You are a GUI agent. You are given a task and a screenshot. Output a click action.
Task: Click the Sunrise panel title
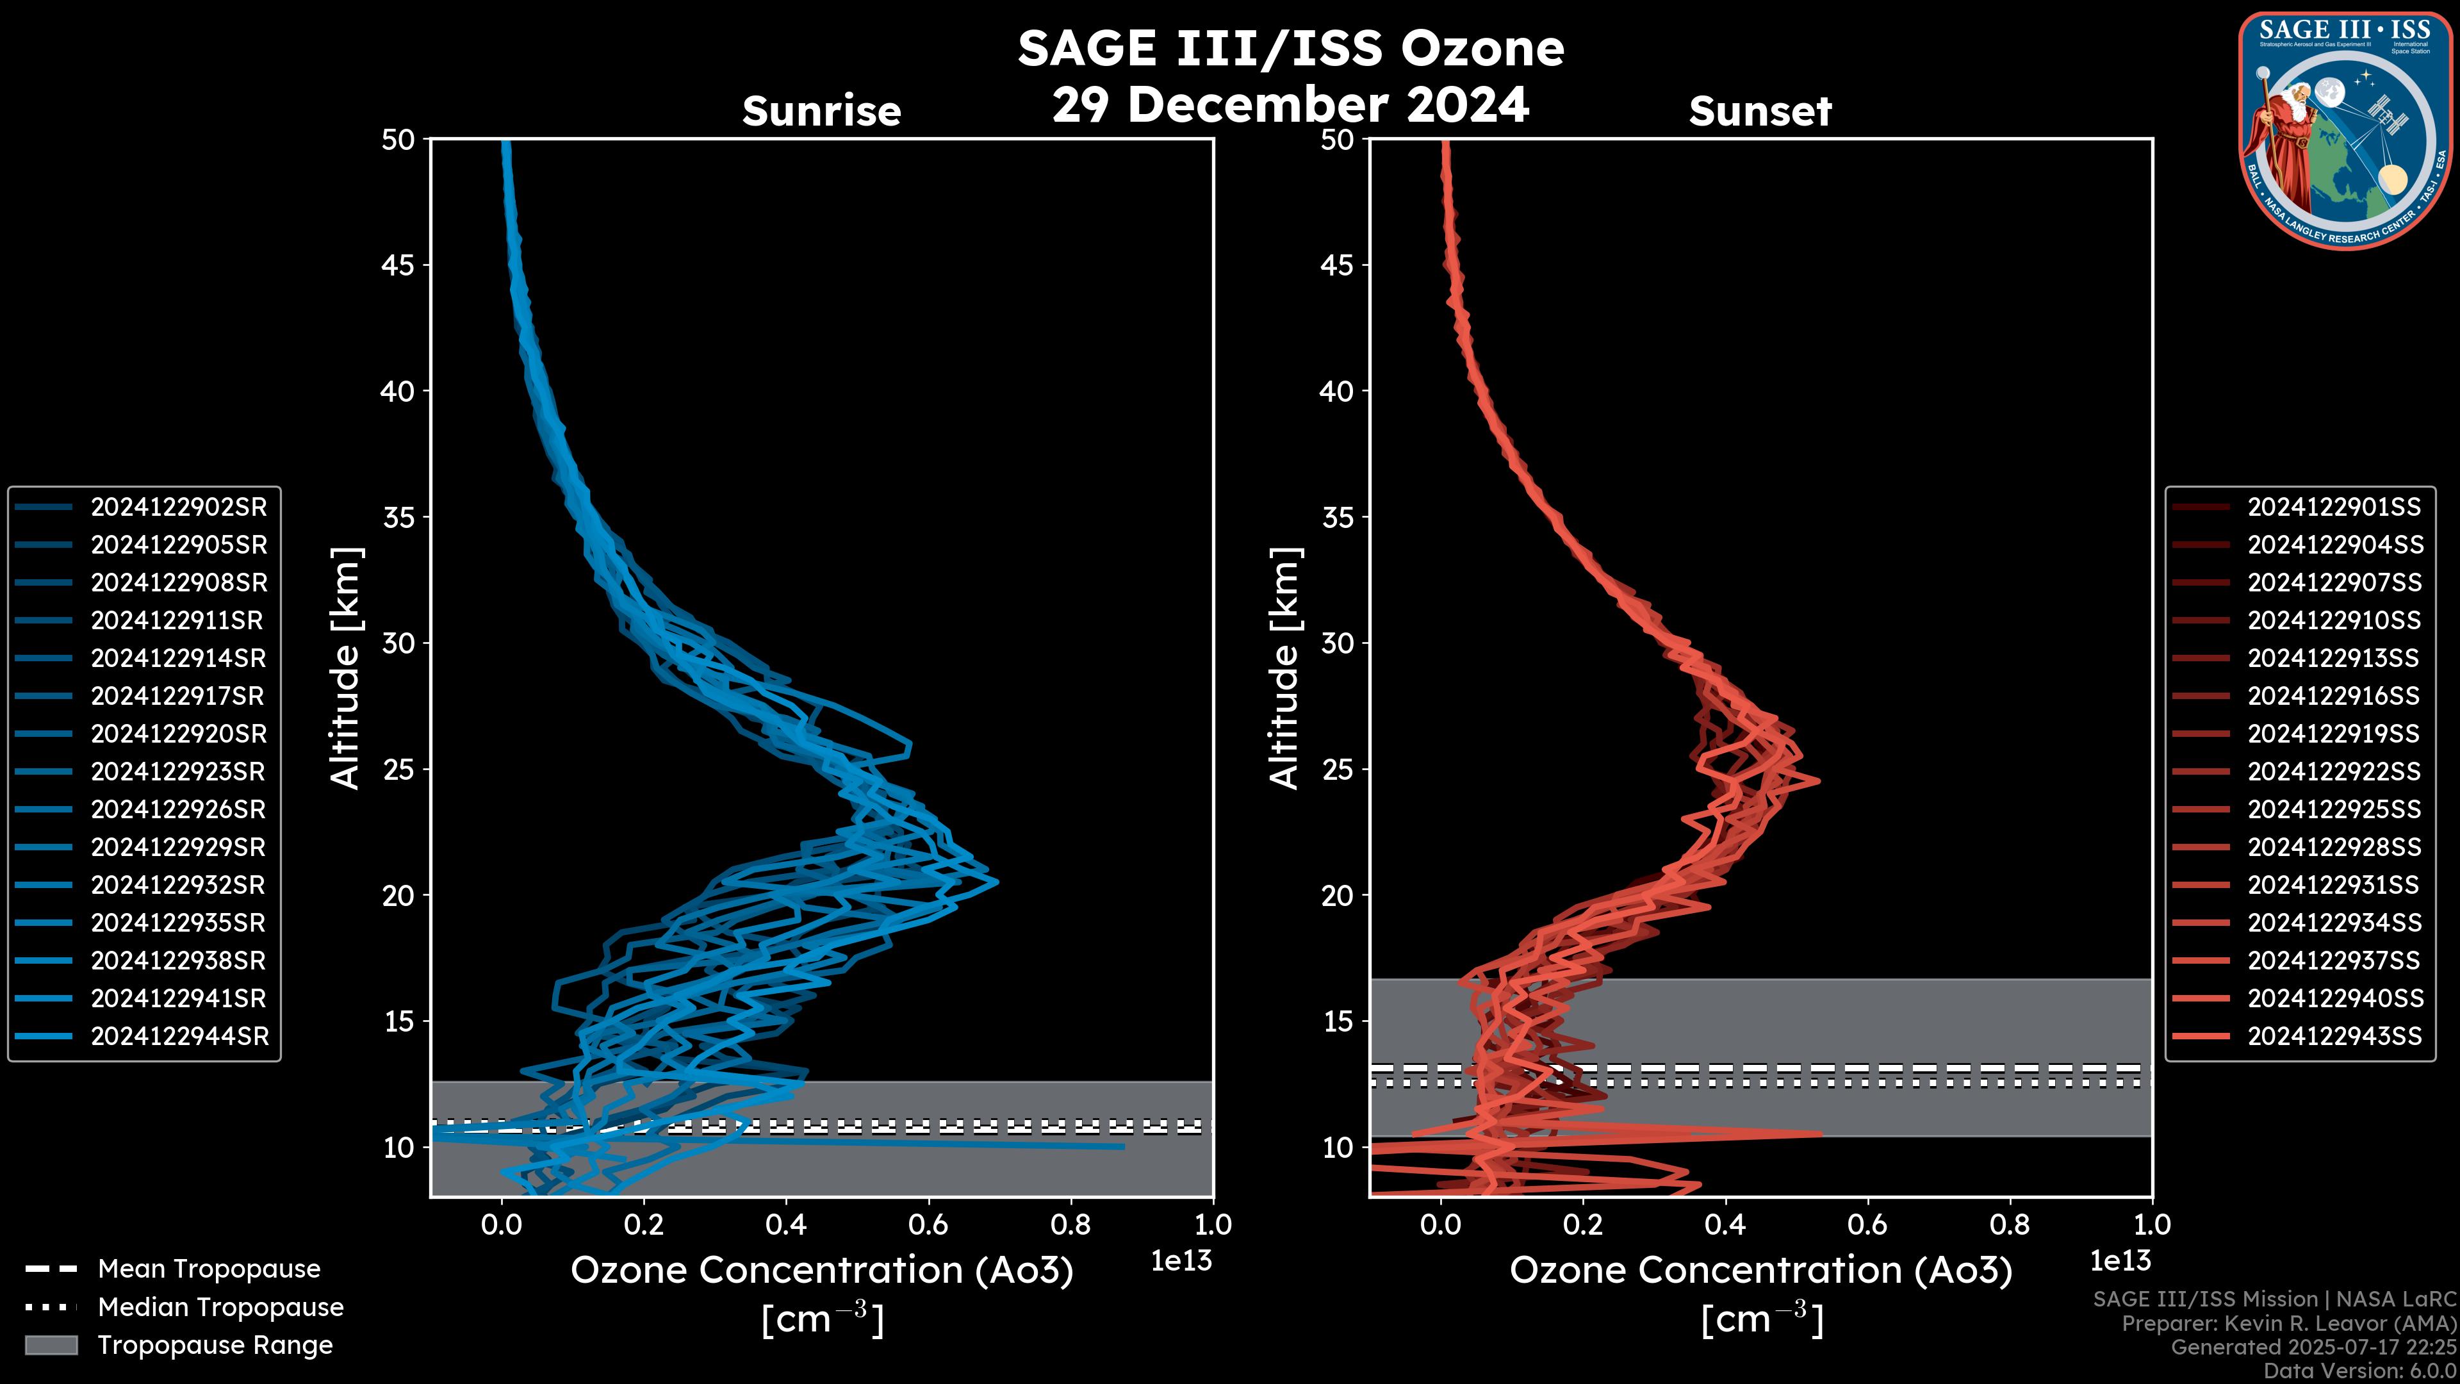[821, 111]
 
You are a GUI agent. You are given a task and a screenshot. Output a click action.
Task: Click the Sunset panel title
[1760, 111]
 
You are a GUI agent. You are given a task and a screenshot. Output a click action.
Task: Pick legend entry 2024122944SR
[179, 1036]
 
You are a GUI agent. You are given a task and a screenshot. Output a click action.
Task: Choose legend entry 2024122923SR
[179, 771]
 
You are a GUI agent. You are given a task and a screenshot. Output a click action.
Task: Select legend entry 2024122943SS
[2334, 1036]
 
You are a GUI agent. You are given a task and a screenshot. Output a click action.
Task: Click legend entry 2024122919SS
[2334, 734]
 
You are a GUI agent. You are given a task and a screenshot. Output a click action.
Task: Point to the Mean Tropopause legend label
[209, 1269]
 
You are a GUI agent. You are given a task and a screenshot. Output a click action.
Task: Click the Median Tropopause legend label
[220, 1306]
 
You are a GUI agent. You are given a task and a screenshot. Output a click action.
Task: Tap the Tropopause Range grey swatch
[51, 1345]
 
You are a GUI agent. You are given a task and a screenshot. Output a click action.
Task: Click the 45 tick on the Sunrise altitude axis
[398, 265]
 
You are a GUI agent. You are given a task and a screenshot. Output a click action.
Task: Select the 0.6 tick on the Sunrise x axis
[928, 1224]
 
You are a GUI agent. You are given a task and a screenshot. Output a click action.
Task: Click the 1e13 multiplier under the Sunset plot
[2120, 1261]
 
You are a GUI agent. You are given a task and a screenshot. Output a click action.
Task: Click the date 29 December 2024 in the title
[1290, 104]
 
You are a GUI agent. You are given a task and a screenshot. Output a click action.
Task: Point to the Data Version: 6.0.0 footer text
[2361, 1371]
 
